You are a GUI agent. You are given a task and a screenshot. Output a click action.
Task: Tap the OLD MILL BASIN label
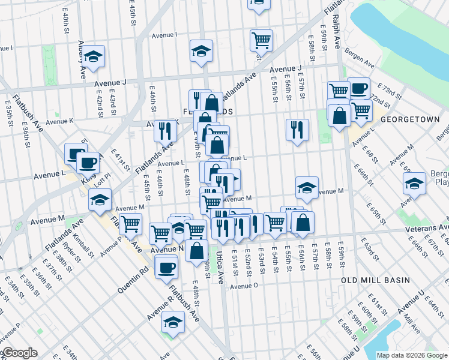[x=375, y=280]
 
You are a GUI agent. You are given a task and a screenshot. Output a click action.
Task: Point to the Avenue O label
[x=243, y=286]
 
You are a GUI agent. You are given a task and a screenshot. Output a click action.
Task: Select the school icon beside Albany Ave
[x=93, y=57]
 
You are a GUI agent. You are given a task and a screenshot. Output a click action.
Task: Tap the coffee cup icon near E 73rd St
[x=358, y=89]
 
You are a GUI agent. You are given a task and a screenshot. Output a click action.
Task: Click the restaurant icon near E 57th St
[x=297, y=130]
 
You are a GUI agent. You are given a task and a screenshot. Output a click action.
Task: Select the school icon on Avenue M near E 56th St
[x=307, y=188]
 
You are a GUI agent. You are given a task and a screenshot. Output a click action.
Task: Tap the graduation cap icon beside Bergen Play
[x=414, y=183]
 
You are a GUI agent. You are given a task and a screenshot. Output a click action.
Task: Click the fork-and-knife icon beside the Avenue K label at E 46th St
[x=165, y=130]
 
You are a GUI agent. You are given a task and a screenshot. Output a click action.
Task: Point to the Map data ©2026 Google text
[x=411, y=355]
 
